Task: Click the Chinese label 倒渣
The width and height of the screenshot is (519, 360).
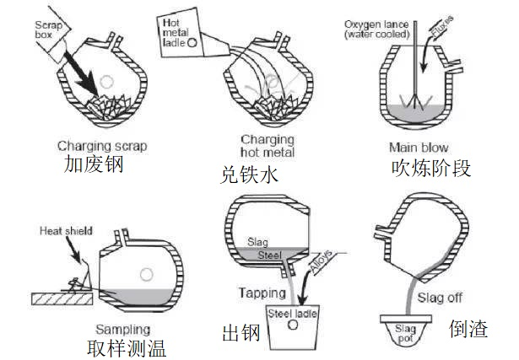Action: coord(469,328)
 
